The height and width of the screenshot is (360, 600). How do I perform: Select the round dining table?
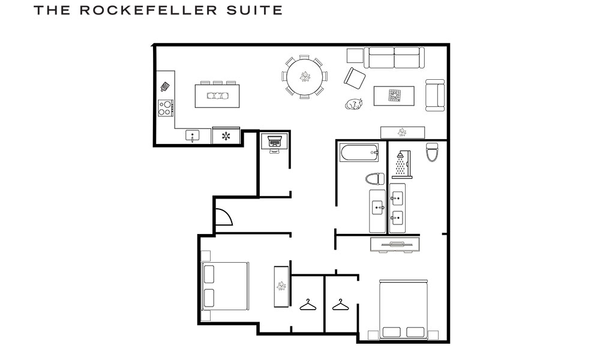click(x=305, y=76)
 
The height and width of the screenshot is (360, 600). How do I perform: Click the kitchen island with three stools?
click(x=217, y=95)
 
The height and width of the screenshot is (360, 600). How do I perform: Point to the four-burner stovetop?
click(x=166, y=108)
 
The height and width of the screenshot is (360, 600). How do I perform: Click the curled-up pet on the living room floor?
click(x=354, y=104)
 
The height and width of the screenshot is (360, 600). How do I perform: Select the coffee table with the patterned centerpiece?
click(x=394, y=95)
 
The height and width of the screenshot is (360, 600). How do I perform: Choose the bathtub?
click(x=359, y=153)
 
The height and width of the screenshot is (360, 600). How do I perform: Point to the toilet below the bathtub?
click(x=375, y=179)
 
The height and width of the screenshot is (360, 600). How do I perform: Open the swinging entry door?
click(x=223, y=217)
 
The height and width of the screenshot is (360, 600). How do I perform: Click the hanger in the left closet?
click(x=308, y=305)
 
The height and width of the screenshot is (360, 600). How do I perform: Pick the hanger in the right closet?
click(x=340, y=305)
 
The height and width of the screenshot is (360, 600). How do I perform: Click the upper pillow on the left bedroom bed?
click(x=209, y=274)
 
